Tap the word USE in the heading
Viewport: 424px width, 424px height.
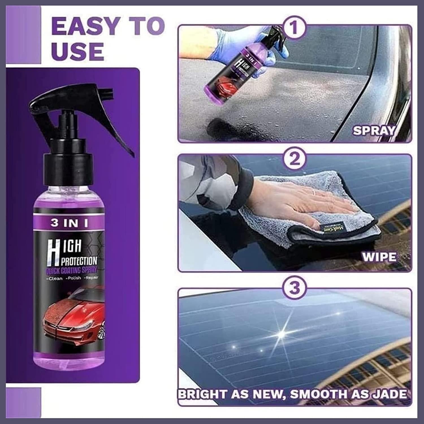click(78, 51)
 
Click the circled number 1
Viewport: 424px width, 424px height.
click(295, 28)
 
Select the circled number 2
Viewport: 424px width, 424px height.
click(295, 159)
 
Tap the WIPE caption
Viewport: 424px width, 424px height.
click(379, 257)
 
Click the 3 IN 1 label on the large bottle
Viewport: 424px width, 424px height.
click(70, 223)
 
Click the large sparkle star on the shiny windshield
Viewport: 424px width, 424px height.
click(282, 334)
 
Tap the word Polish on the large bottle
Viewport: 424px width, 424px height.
click(74, 278)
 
